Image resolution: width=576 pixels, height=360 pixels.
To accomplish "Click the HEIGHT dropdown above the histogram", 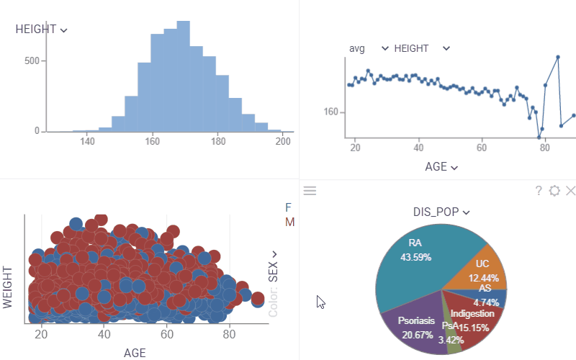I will (x=42, y=30).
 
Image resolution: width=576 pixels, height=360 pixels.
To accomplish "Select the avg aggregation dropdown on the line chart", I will (x=367, y=48).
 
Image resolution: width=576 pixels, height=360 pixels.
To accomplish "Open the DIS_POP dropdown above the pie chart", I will (x=441, y=212).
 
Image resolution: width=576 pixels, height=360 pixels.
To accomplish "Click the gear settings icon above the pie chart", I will (x=554, y=191).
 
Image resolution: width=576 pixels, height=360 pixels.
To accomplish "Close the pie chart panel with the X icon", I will (x=571, y=191).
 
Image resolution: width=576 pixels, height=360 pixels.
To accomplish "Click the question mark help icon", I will (x=539, y=191).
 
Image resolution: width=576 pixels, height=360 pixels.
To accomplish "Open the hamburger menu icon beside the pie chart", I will (x=310, y=190).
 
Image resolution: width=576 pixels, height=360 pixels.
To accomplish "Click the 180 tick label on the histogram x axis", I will (x=218, y=141).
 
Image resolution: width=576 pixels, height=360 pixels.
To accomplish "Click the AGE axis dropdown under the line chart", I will (x=441, y=167).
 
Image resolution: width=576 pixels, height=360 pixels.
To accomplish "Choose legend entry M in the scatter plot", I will (x=289, y=222).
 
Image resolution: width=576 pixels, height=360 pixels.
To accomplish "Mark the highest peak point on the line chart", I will (x=558, y=57).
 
